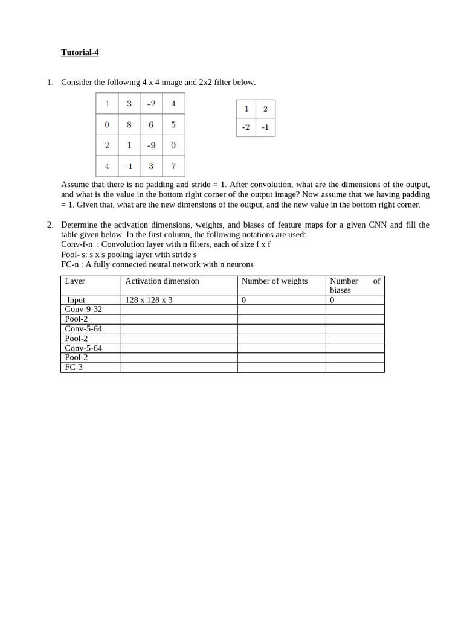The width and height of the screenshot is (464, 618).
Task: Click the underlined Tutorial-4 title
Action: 80,53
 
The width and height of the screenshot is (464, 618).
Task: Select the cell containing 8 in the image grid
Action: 129,124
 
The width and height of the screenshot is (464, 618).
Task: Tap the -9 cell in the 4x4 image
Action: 151,145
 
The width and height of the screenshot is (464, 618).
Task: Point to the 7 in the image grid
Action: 173,166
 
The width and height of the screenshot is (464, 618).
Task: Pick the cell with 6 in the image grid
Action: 151,124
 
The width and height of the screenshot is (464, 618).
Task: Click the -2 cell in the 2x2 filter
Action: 246,127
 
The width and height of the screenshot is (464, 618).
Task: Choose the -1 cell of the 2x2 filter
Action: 265,127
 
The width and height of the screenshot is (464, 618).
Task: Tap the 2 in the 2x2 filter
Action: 265,109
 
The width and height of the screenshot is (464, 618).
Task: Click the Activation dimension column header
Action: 162,281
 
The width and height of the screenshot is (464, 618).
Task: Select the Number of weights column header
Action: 274,281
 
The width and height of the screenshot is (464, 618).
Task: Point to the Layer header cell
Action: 75,281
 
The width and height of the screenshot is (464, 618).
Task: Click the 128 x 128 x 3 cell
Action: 149,300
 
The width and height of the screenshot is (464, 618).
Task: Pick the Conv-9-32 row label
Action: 83,310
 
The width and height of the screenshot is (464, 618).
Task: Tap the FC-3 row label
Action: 74,368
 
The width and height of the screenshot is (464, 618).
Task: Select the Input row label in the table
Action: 76,300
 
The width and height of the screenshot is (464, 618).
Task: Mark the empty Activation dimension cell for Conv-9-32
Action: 179,310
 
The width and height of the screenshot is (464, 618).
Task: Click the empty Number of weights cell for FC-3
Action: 281,368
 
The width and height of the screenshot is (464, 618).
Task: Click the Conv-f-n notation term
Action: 77,244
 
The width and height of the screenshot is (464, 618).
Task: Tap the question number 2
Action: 50,225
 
